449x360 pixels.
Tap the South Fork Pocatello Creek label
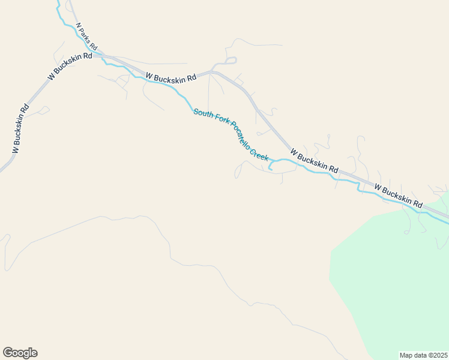pyautogui.click(x=231, y=135)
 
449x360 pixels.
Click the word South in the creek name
pyautogui.click(x=203, y=114)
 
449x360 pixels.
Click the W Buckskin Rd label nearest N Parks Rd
pyautogui.click(x=70, y=65)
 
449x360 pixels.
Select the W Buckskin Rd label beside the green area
pyautogui.click(x=399, y=196)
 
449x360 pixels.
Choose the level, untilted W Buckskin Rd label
pyautogui.click(x=171, y=77)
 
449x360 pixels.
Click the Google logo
pyautogui.click(x=20, y=353)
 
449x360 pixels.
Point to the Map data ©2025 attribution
pyautogui.click(x=424, y=355)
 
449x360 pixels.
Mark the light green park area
pyautogui.click(x=396, y=270)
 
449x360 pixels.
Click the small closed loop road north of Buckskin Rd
pyautogui.click(x=231, y=61)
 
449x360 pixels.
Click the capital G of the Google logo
pyautogui.click(x=8, y=352)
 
